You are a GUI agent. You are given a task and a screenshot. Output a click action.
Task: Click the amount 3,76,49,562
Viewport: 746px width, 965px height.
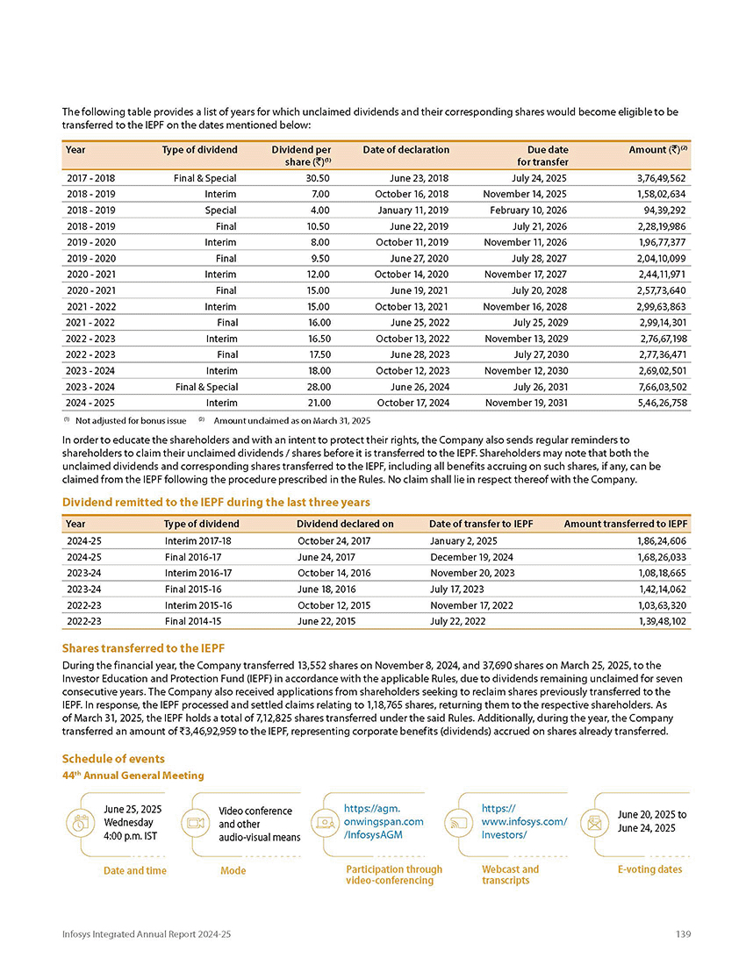pyautogui.click(x=657, y=178)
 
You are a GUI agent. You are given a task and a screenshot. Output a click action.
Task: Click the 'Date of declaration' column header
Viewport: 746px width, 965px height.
pyautogui.click(x=405, y=150)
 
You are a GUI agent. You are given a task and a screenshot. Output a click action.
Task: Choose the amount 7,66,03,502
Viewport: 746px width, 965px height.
pyautogui.click(x=657, y=387)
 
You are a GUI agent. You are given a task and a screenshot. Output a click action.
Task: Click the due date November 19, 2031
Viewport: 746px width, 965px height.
pyautogui.click(x=526, y=403)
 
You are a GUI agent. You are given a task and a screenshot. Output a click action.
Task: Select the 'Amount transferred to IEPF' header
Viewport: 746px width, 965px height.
pyautogui.click(x=625, y=524)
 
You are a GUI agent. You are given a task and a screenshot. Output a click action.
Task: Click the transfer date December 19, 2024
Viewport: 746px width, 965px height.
pyautogui.click(x=471, y=557)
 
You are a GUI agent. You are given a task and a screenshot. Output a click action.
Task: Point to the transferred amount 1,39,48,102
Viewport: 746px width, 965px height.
pyautogui.click(x=657, y=620)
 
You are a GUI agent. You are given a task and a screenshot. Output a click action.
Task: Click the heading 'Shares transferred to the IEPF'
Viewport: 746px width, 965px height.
pyautogui.click(x=142, y=648)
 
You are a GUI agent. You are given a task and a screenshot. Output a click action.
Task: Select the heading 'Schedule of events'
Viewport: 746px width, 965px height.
pyautogui.click(x=113, y=758)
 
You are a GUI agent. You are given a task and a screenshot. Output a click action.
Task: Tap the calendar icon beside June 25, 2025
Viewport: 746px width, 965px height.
pyautogui.click(x=79, y=823)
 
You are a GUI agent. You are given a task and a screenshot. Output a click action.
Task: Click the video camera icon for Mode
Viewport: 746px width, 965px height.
pyautogui.click(x=194, y=823)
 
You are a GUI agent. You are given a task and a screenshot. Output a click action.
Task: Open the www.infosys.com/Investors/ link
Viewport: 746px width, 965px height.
pyautogui.click(x=524, y=821)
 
